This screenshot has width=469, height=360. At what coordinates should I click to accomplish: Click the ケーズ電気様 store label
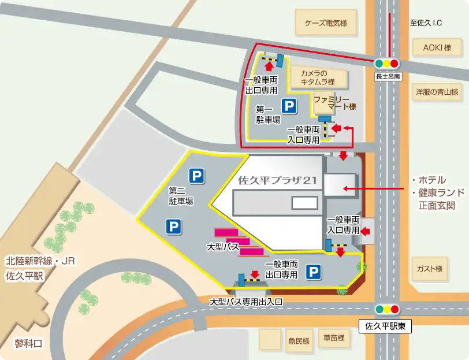click(325, 24)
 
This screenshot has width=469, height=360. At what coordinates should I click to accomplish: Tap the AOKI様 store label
click(436, 48)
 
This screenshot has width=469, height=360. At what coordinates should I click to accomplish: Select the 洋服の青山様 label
click(437, 91)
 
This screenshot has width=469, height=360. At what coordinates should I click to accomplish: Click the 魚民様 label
click(299, 341)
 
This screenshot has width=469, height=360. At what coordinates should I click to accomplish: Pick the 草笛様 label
click(333, 338)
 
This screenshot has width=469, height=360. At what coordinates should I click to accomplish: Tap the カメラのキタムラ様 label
click(317, 77)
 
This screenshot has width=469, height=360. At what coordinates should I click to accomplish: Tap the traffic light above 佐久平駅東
click(387, 309)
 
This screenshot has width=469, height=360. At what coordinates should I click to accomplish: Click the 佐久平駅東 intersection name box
click(386, 326)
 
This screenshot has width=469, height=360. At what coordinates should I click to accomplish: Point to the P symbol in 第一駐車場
click(288, 106)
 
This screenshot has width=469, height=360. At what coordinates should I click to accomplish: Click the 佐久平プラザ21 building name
click(277, 180)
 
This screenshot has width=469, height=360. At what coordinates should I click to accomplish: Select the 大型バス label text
click(222, 247)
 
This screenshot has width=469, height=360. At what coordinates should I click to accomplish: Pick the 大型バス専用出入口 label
click(245, 302)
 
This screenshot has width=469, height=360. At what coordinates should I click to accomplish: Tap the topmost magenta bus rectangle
click(226, 232)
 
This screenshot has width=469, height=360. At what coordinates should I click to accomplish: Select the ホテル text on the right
click(431, 180)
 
